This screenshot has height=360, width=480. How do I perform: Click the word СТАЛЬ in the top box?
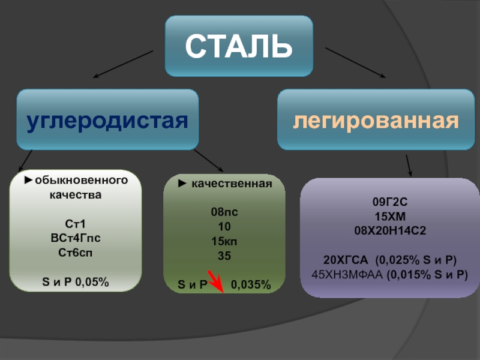click(x=239, y=46)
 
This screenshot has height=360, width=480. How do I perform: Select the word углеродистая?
click(x=107, y=121)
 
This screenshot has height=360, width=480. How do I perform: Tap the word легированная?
click(x=376, y=121)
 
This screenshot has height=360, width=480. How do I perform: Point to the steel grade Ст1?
click(x=75, y=224)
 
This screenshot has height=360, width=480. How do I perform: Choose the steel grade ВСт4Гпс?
click(x=75, y=238)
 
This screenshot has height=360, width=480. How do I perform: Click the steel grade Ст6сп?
click(x=75, y=252)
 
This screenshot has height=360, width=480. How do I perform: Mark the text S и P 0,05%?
click(x=76, y=281)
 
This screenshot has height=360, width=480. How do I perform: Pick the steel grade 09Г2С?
click(x=391, y=202)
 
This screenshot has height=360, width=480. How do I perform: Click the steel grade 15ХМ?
click(x=391, y=216)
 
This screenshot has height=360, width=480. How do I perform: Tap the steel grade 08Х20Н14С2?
click(x=391, y=230)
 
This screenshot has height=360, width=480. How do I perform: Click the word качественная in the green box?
click(x=232, y=184)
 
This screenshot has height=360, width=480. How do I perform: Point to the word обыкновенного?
click(x=80, y=181)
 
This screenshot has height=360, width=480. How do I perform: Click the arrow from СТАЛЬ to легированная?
click(x=355, y=62)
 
